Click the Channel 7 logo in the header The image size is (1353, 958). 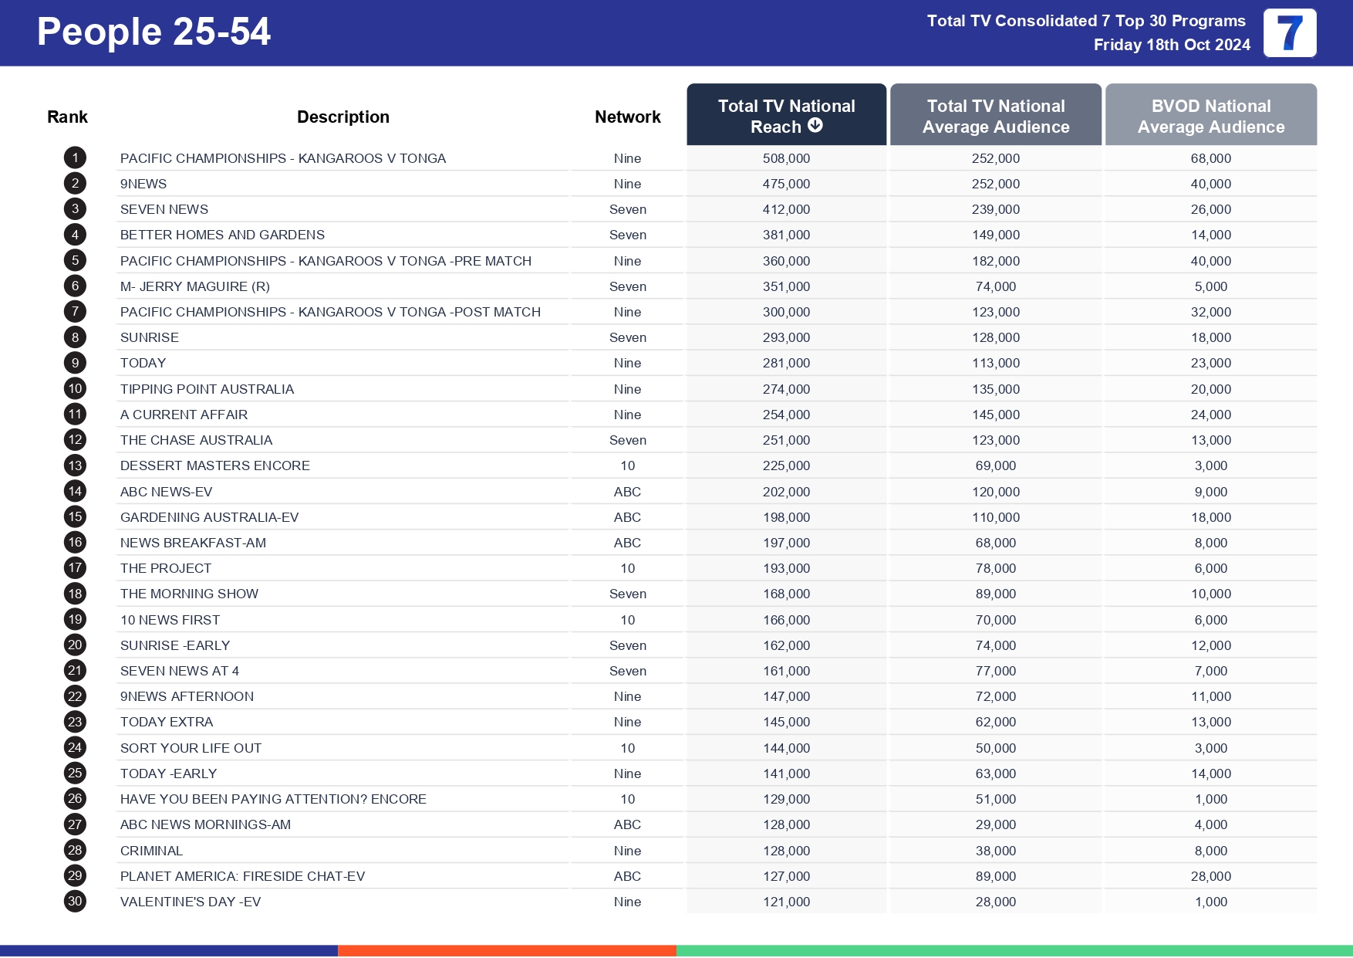1289,33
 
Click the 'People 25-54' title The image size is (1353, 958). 154,32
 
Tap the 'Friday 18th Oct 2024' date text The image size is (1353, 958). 1171,45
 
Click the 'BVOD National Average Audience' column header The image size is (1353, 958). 1210,116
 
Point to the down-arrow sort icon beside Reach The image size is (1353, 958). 815,126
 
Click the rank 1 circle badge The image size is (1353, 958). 75,158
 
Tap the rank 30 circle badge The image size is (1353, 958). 75,902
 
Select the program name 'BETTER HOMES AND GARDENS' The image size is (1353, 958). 222,235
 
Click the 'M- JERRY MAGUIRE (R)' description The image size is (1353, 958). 194,286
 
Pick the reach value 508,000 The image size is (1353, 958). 786,158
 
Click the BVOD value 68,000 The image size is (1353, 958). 1210,158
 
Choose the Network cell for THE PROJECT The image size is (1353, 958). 627,568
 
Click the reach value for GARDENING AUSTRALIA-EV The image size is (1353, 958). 786,517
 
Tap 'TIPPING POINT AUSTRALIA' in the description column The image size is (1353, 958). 207,389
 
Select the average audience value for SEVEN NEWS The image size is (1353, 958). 995,209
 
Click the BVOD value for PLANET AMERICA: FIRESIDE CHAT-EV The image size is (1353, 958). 1210,876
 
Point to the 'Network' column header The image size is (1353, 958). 627,117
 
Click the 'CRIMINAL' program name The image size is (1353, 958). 151,851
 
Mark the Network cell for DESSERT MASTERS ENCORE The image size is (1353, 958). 627,465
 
